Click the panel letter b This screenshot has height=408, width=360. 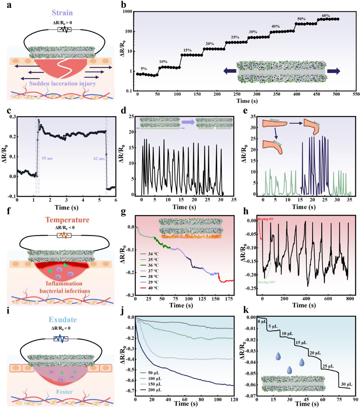tap(124, 5)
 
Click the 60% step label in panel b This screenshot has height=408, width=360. tap(326, 16)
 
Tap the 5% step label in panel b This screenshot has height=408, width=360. tap(143, 69)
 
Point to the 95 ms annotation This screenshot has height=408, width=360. tap(47, 158)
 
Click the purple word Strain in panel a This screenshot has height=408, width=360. tap(62, 13)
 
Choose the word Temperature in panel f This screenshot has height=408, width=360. tap(67, 220)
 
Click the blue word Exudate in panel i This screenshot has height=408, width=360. tap(63, 319)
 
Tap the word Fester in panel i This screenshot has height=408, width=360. tap(64, 392)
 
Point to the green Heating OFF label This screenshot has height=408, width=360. tap(266, 282)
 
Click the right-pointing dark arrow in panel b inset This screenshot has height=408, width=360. tap(334, 71)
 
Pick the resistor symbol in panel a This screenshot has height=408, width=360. tap(64, 30)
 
